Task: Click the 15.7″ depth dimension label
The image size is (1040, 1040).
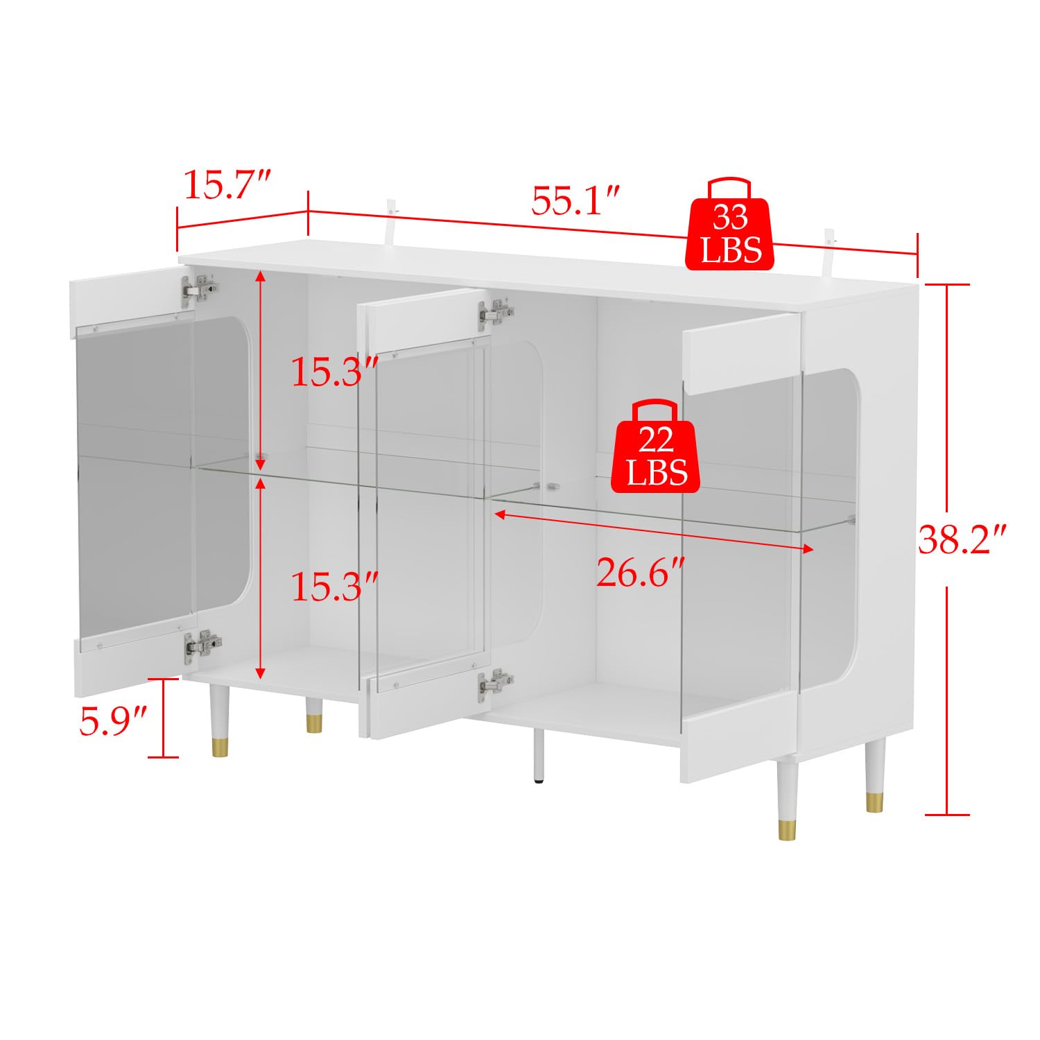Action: (225, 185)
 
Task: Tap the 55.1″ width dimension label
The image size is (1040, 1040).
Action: (575, 200)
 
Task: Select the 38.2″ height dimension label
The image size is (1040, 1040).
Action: (962, 539)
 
